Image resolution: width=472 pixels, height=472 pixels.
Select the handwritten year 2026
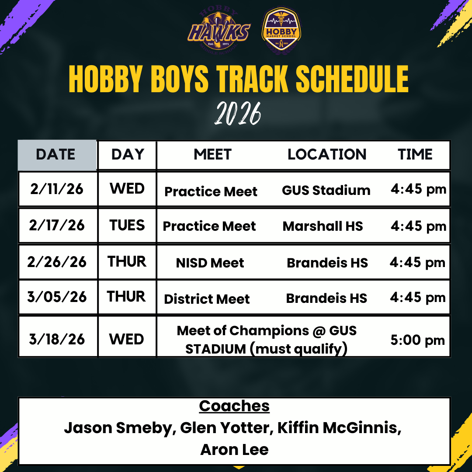(237, 115)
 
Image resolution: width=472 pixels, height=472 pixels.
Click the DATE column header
(56, 155)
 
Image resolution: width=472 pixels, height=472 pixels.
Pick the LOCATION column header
(327, 155)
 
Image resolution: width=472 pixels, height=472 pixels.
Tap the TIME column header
(415, 155)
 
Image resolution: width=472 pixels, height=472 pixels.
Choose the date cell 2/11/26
(57, 189)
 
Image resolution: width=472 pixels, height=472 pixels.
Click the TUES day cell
(127, 226)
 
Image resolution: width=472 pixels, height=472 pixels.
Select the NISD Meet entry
(210, 263)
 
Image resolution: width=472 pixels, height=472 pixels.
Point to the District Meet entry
(207, 299)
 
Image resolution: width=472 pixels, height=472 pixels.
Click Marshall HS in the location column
(323, 226)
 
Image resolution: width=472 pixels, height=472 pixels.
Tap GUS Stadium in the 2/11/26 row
(326, 191)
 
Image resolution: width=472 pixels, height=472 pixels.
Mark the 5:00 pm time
(417, 340)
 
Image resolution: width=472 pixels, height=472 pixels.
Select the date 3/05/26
(57, 297)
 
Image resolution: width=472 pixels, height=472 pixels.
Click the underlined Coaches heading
(234, 406)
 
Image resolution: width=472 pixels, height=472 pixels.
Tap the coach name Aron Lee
(234, 450)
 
